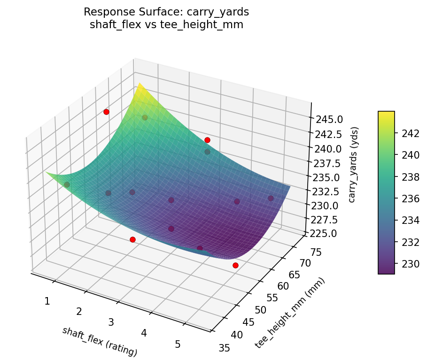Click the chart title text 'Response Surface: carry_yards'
pyautogui.click(x=166, y=12)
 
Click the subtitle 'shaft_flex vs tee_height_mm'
pyautogui.click(x=166, y=25)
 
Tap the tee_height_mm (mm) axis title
pyautogui.click(x=290, y=313)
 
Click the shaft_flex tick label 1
pyautogui.click(x=47, y=301)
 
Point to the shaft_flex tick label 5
pyautogui.click(x=178, y=344)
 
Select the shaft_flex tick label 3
pyautogui.click(x=111, y=322)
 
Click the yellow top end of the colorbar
pyautogui.click(x=386, y=113)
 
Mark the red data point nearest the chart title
pyautogui.click(x=106, y=112)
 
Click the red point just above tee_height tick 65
pyautogui.click(x=235, y=265)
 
